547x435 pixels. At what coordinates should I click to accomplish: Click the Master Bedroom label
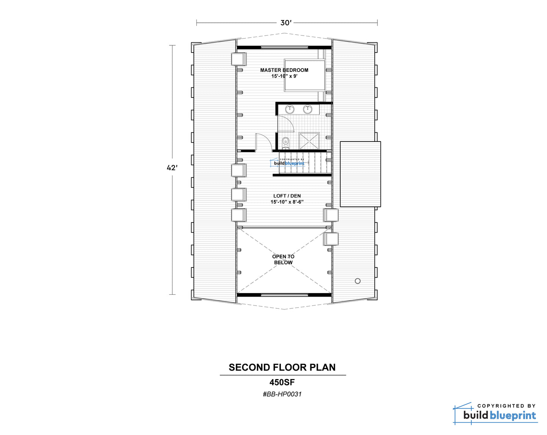[284, 73]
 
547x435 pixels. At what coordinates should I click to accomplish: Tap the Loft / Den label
[287, 199]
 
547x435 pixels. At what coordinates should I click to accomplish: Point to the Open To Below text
[283, 259]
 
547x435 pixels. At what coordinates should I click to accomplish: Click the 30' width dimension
[286, 23]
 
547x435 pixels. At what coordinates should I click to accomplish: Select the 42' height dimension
[172, 168]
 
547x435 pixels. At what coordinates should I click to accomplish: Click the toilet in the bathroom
[285, 143]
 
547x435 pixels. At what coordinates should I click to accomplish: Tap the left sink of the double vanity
[290, 109]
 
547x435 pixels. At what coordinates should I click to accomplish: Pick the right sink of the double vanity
[307, 109]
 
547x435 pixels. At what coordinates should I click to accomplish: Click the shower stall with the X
[309, 141]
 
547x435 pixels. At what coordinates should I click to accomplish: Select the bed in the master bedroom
[304, 75]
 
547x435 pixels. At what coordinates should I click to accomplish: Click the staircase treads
[305, 162]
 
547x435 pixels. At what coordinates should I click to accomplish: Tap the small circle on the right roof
[358, 281]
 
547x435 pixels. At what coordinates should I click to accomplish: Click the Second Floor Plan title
[282, 367]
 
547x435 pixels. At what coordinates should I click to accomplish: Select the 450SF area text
[282, 382]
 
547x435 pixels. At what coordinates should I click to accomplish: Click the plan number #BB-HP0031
[282, 394]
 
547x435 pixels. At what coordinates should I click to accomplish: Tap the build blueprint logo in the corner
[495, 413]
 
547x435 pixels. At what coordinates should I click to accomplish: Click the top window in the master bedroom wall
[284, 47]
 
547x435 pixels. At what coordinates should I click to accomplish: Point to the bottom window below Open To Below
[284, 295]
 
